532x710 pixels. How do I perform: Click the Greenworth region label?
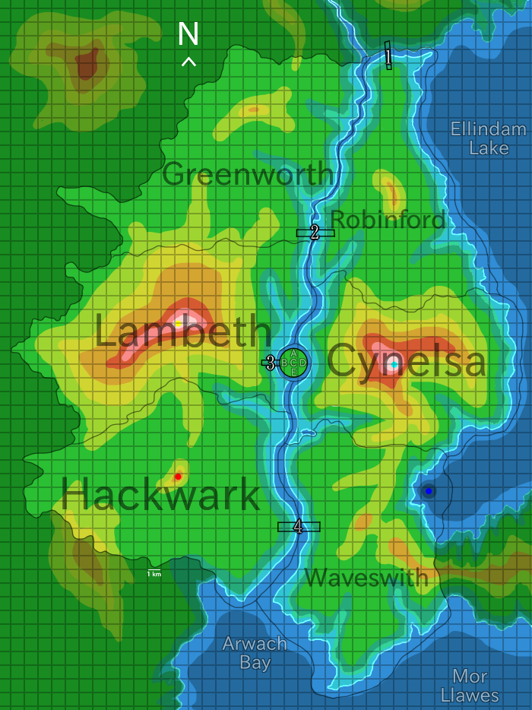(x=248, y=174)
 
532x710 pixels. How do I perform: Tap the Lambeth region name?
(x=182, y=332)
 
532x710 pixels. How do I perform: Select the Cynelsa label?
(x=406, y=361)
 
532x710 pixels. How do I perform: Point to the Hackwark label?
(x=160, y=495)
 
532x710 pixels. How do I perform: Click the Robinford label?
(x=388, y=220)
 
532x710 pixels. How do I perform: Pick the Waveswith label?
(x=366, y=578)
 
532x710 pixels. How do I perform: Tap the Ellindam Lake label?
(x=488, y=138)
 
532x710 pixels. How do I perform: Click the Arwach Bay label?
(x=255, y=653)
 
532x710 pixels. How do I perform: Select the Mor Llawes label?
(x=470, y=686)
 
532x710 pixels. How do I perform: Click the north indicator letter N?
(x=188, y=34)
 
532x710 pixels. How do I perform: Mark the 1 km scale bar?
(x=154, y=572)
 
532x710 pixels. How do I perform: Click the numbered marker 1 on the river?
(x=388, y=55)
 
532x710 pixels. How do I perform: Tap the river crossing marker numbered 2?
(x=315, y=233)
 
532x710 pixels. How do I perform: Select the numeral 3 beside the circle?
(x=270, y=363)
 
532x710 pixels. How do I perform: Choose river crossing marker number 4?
(x=298, y=526)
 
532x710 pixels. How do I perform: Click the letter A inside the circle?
(x=293, y=353)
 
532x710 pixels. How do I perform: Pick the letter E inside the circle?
(x=294, y=372)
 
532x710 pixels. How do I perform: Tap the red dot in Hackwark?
(x=178, y=477)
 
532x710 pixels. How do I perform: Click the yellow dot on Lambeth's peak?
(x=178, y=324)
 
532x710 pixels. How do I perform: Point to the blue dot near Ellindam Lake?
(x=429, y=491)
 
